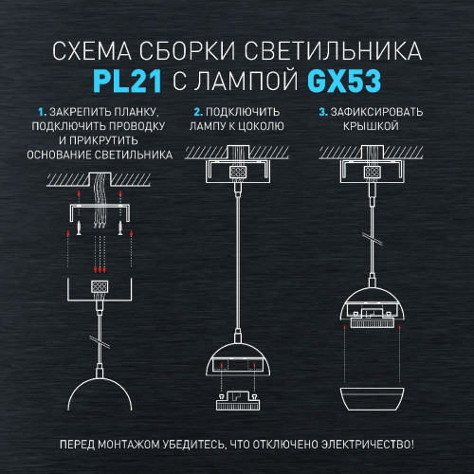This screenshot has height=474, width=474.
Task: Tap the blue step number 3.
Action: pos(322,112)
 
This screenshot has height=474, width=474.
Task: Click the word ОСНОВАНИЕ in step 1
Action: pos(62,155)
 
